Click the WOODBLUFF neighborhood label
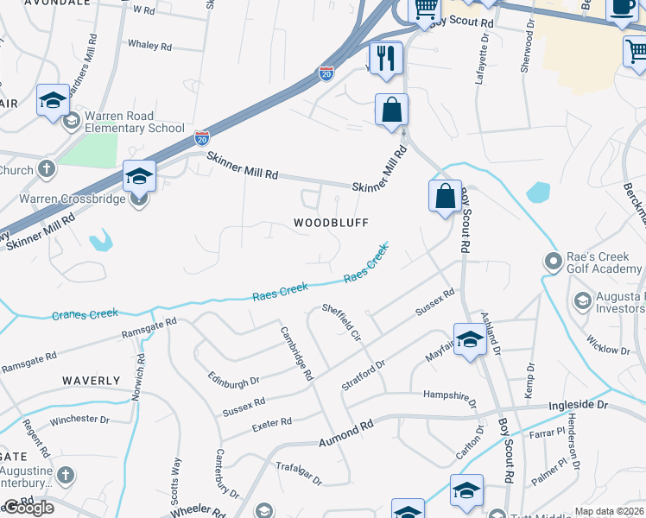point(331,223)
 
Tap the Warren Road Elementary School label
point(121,123)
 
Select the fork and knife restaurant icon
point(386,58)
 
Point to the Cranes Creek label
point(84,314)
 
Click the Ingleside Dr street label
point(579,404)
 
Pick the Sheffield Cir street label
point(340,320)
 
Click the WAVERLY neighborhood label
point(91,381)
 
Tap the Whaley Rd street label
point(150,44)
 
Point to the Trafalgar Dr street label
point(298,473)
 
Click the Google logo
point(28,508)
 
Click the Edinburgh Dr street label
point(233,381)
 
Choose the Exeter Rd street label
point(271,424)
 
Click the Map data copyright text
point(608,511)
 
